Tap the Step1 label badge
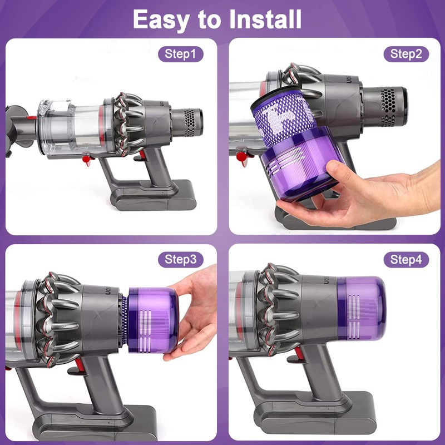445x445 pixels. [x=181, y=54]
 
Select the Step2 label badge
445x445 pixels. [x=406, y=54]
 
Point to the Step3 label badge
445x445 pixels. [x=181, y=260]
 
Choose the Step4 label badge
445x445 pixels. [x=406, y=260]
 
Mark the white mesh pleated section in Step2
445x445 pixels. [x=284, y=120]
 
